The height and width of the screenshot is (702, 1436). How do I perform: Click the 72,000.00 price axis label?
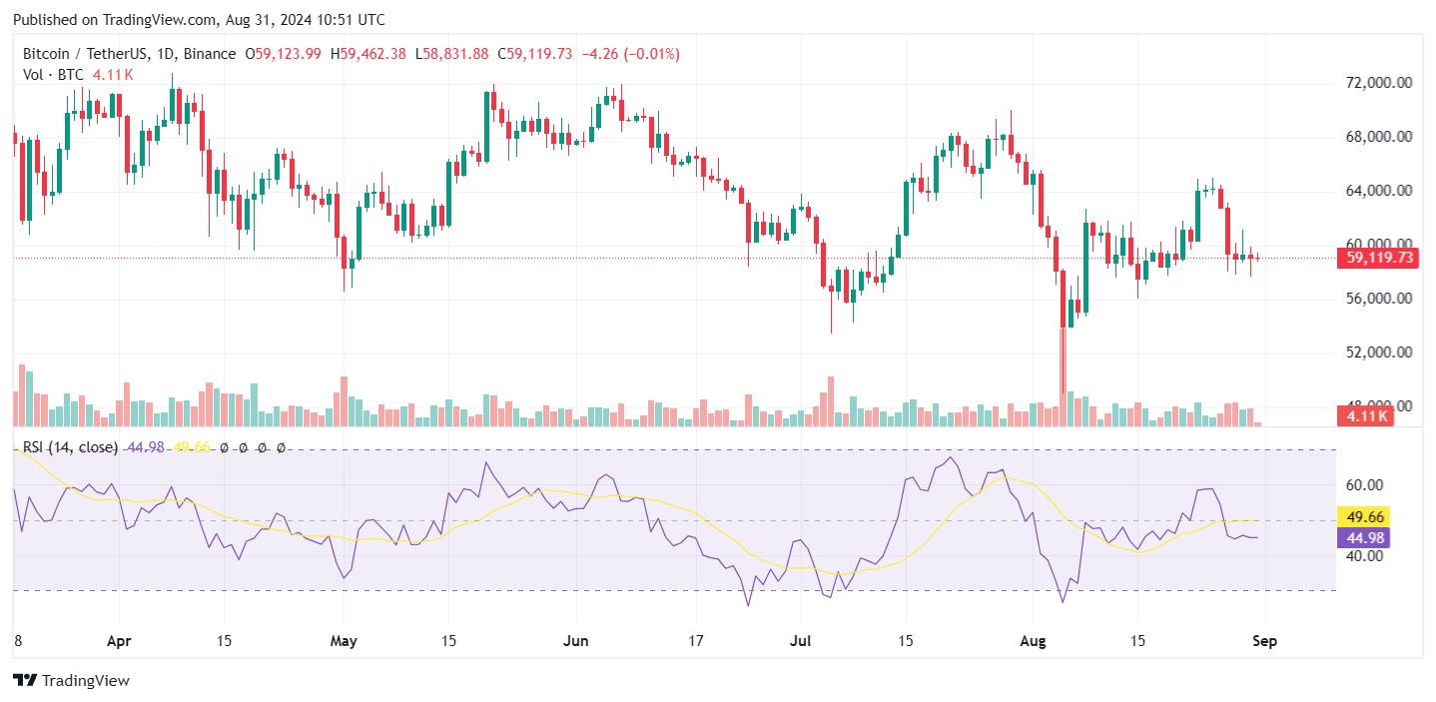point(1378,83)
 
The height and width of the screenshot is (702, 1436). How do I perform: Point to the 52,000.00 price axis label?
point(1378,352)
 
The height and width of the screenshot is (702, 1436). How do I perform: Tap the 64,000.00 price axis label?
point(1378,191)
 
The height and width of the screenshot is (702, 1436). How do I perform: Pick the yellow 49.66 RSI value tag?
point(1364,517)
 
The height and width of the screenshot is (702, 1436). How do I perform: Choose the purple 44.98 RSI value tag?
point(1364,538)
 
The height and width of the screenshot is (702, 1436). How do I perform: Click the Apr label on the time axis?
point(119,639)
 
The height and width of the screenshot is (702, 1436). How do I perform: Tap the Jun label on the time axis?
point(574,639)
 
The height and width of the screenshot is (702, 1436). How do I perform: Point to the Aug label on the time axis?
point(1035,639)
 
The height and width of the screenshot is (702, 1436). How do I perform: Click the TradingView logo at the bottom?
point(71,681)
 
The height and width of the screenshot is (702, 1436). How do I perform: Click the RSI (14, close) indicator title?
point(70,447)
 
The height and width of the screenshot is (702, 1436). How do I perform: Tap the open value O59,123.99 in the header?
point(283,54)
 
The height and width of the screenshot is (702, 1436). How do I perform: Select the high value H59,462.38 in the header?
point(367,54)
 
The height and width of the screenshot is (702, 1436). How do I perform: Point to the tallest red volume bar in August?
point(1063,375)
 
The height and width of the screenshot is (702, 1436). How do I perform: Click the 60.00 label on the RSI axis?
point(1364,485)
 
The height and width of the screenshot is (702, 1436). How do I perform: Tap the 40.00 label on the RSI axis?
point(1364,556)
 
